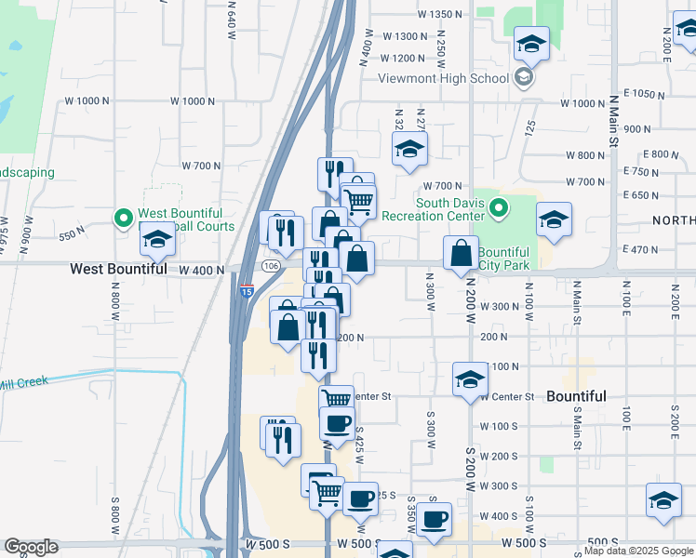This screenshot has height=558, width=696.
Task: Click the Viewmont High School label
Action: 443,78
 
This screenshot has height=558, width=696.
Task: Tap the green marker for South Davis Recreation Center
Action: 500,207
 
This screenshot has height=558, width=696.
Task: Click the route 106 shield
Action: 271,266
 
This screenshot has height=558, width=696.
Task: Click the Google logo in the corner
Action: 31,547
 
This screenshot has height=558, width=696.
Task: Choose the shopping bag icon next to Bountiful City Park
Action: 461,253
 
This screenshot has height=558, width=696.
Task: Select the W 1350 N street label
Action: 440,14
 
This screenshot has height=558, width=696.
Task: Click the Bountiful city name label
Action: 576,396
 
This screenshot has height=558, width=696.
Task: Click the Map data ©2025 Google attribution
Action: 639,551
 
